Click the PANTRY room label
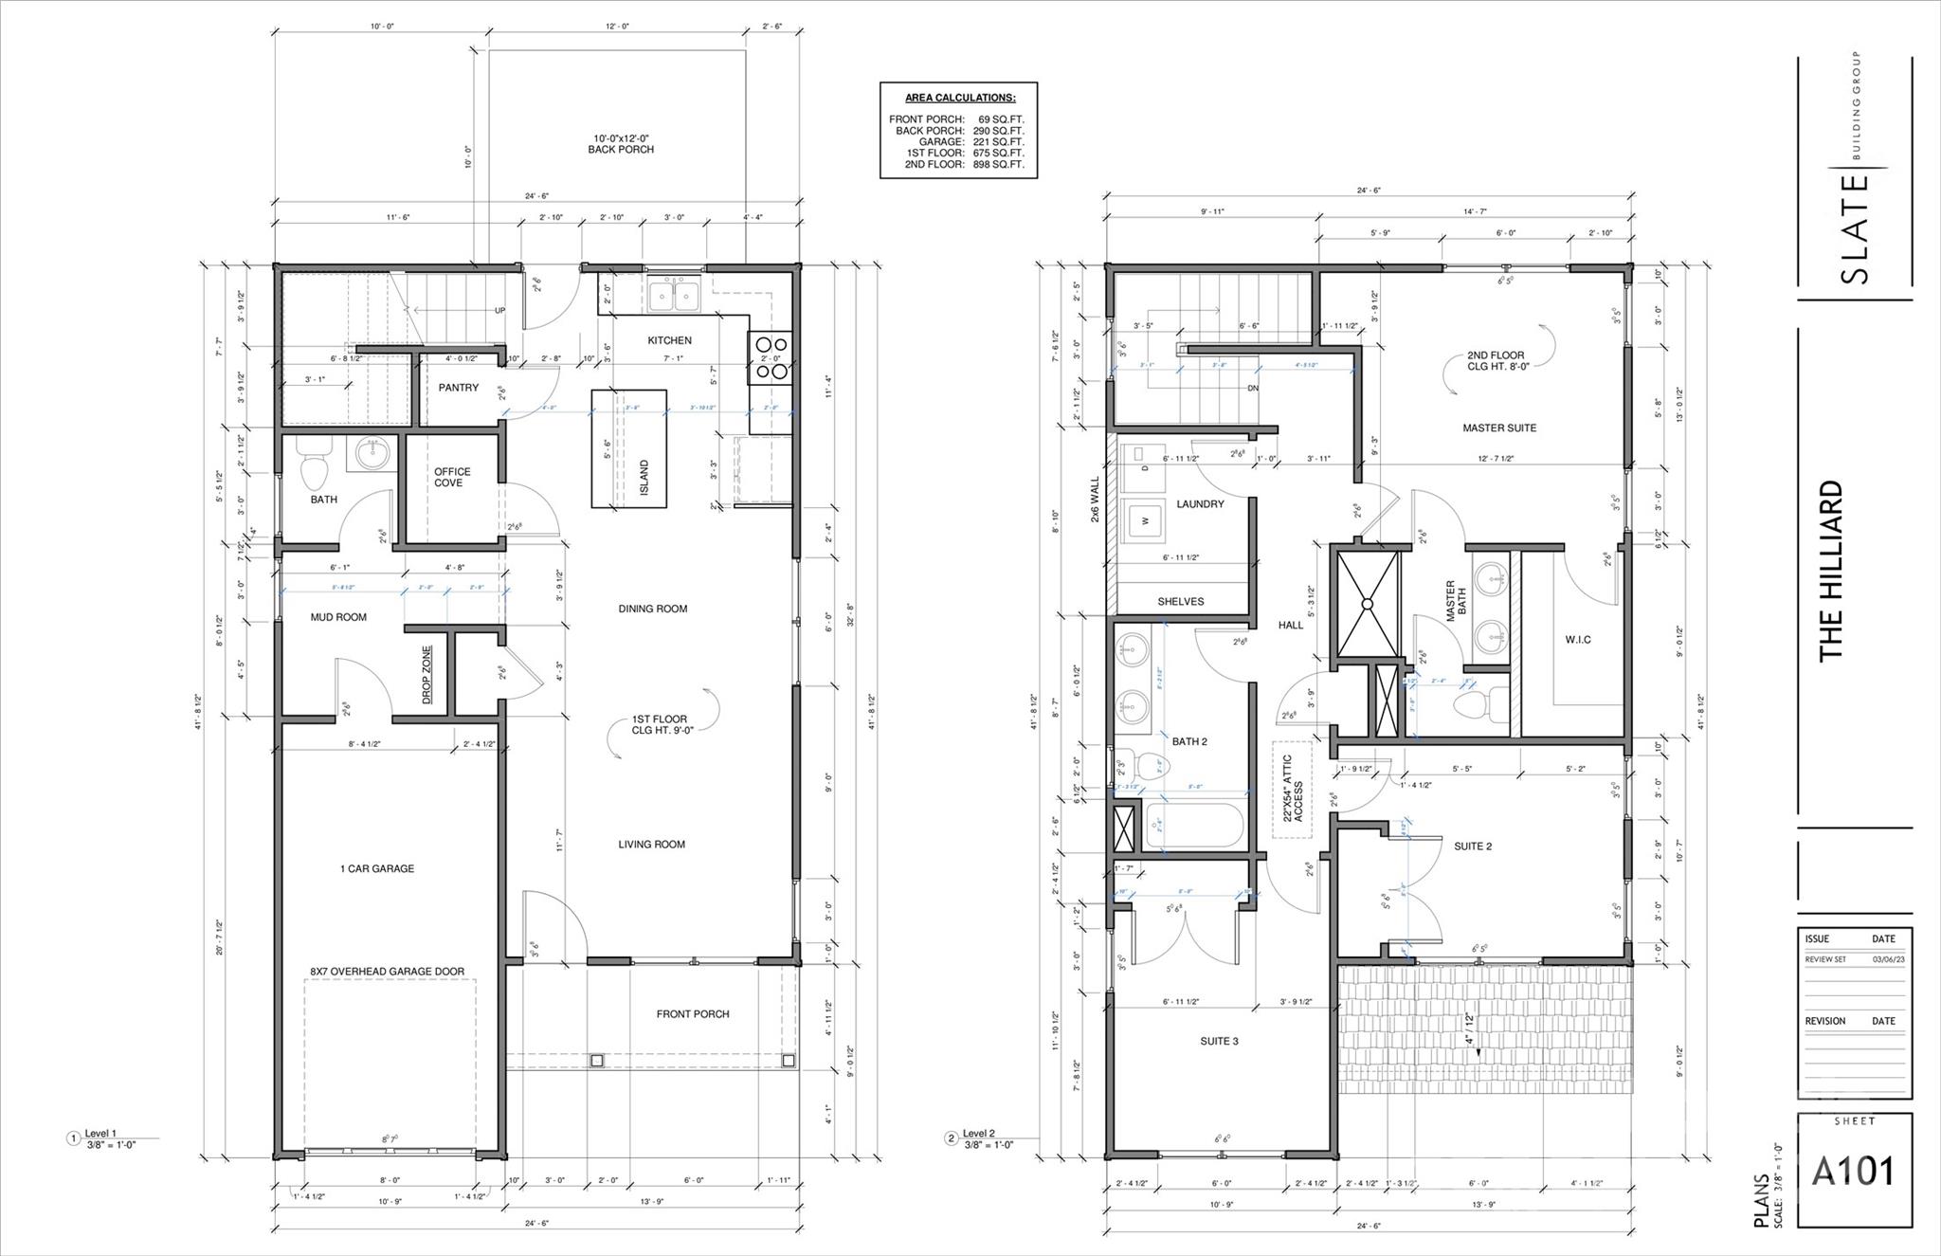tap(459, 388)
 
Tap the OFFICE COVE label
tap(451, 477)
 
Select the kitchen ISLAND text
tap(644, 478)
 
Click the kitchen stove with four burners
tap(770, 358)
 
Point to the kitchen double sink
tap(673, 296)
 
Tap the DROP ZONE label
tap(427, 675)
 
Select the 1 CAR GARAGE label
tap(377, 868)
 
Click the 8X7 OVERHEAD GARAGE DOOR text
tap(387, 972)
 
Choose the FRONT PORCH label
tap(693, 1014)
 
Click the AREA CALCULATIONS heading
tap(959, 98)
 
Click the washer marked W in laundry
tap(1146, 520)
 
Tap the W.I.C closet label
tap(1578, 640)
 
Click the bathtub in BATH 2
tap(1194, 827)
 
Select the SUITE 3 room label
tap(1219, 1041)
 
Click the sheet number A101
tap(1853, 1172)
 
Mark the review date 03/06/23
tap(1883, 959)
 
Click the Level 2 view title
tap(978, 1134)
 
